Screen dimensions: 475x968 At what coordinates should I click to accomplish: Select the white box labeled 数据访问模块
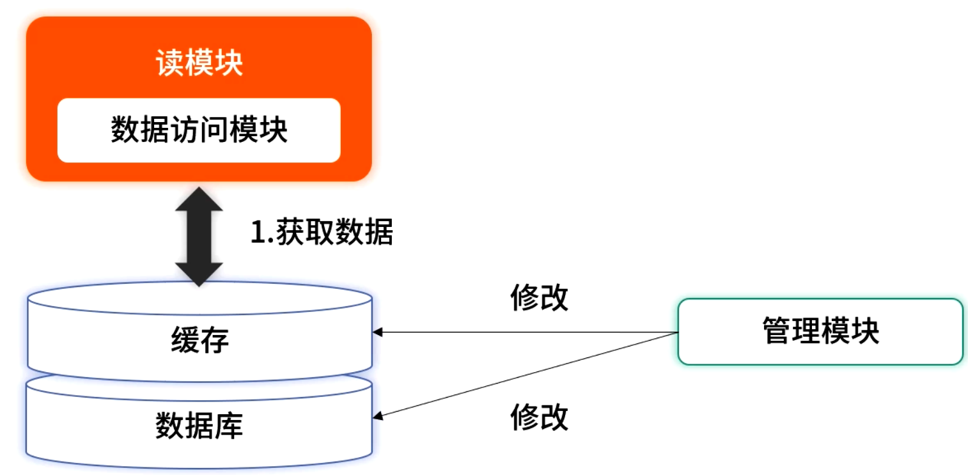tap(199, 130)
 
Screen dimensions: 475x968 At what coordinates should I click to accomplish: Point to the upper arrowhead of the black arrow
tap(199, 199)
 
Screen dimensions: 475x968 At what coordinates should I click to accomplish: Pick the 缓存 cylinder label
tap(199, 340)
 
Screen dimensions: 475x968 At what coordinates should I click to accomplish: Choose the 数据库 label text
tap(199, 426)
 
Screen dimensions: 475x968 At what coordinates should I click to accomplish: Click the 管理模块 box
tap(820, 331)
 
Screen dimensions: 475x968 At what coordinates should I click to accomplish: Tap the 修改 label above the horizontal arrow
tap(539, 298)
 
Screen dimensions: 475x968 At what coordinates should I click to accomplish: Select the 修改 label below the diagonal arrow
tap(539, 418)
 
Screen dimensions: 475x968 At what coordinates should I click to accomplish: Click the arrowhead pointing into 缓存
tap(378, 332)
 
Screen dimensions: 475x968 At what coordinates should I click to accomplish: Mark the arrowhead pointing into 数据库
tap(378, 416)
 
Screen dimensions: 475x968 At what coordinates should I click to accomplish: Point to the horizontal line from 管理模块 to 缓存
tap(524, 332)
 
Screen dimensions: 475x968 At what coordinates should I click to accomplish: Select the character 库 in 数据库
tap(228, 426)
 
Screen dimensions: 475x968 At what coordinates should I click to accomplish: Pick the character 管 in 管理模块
tap(777, 331)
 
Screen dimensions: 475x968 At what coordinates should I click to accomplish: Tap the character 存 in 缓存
tap(214, 340)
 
